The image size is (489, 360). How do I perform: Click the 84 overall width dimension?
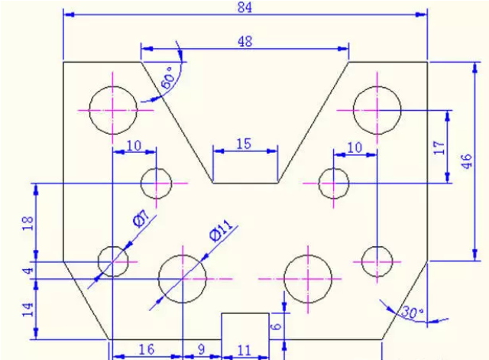tap(244, 7)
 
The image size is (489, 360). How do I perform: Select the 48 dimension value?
tap(244, 41)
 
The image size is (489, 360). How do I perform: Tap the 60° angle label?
tap(168, 78)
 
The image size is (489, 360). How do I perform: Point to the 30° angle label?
tap(413, 312)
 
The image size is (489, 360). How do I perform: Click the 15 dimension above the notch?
tap(244, 144)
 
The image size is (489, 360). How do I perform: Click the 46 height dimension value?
tap(467, 161)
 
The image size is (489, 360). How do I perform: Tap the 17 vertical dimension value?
tap(439, 148)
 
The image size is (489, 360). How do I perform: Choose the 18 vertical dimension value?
tap(28, 223)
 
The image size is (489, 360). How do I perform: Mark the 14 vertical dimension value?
tap(28, 310)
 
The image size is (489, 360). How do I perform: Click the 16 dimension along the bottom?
tap(146, 349)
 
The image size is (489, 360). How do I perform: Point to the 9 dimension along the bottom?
tap(202, 349)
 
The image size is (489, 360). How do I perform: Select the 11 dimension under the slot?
tap(244, 351)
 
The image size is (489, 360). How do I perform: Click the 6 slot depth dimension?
tap(276, 326)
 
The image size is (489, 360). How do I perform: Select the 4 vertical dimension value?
tap(28, 270)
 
